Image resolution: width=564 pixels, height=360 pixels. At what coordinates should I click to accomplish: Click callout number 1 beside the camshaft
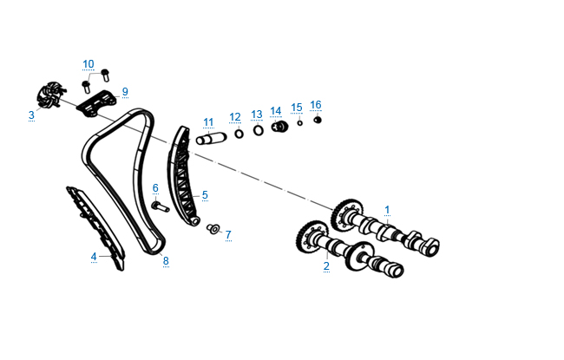pos(387,209)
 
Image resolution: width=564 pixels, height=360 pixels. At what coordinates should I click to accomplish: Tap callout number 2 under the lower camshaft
pos(326,265)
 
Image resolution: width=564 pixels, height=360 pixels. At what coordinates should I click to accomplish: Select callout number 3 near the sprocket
pos(31,115)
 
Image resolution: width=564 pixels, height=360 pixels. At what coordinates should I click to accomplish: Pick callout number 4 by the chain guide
pos(94,256)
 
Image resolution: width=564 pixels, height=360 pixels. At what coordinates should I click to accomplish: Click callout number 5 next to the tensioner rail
pos(205,195)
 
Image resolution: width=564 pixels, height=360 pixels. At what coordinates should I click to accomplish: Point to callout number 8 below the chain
pos(165,260)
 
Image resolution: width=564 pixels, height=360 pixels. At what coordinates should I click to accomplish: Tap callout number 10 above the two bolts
pos(89,64)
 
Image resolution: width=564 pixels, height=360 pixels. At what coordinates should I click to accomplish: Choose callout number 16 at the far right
pos(316,105)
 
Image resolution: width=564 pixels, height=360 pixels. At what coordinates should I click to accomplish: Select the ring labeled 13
pos(258,131)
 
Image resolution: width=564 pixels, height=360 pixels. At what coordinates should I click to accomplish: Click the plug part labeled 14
pos(279,128)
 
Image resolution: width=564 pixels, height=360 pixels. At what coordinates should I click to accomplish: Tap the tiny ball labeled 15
pos(299,122)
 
